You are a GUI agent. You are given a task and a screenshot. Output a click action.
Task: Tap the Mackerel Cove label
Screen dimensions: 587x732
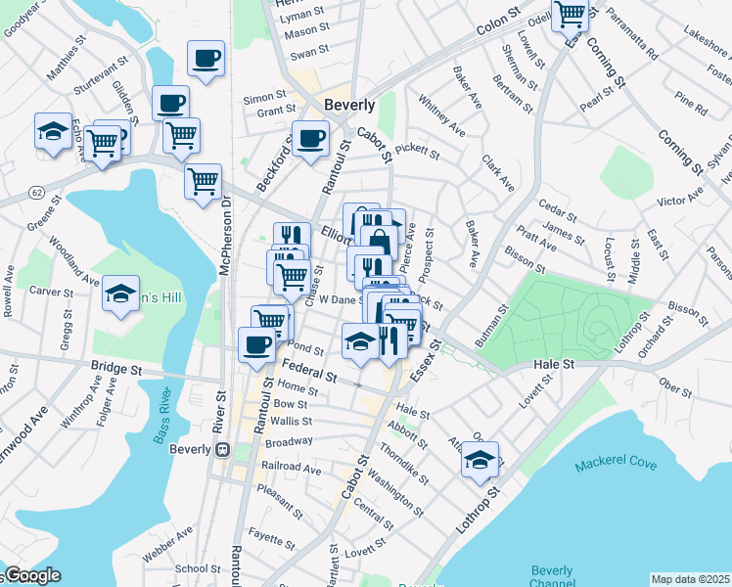pyautogui.click(x=616, y=464)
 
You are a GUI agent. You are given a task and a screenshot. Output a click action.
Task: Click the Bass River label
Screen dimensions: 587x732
pyautogui.click(x=164, y=418)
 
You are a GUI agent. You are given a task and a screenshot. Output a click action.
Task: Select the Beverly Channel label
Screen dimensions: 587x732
pyautogui.click(x=552, y=577)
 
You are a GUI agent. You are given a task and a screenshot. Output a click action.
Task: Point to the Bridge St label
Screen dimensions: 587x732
pyautogui.click(x=116, y=368)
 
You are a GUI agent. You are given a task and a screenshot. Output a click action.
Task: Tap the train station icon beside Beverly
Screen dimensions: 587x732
pyautogui.click(x=223, y=449)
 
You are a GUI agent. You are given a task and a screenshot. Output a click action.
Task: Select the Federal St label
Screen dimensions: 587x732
pyautogui.click(x=309, y=370)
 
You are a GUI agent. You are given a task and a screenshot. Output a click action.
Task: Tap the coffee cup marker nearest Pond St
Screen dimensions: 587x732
pyautogui.click(x=257, y=345)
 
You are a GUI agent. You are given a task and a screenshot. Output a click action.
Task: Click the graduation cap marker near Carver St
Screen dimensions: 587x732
pyautogui.click(x=120, y=293)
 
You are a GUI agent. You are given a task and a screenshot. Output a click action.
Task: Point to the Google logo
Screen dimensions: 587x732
pyautogui.click(x=33, y=576)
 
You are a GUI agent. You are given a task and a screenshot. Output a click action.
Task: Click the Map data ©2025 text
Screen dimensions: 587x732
pyautogui.click(x=689, y=579)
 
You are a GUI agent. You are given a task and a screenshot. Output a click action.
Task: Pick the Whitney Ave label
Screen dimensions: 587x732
pyautogui.click(x=441, y=114)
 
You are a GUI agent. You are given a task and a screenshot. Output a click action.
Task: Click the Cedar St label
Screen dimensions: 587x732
pyautogui.click(x=559, y=208)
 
